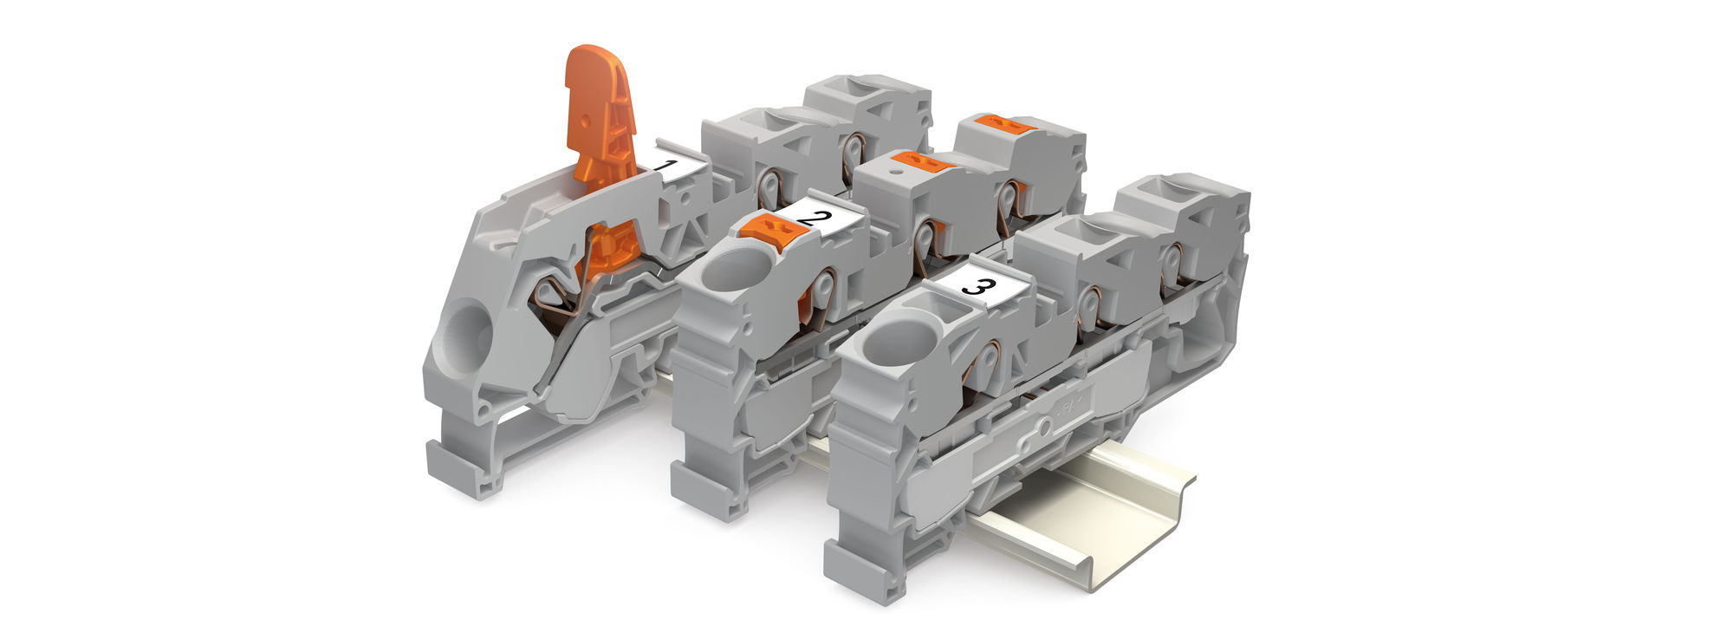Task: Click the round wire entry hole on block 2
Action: [729, 271]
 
